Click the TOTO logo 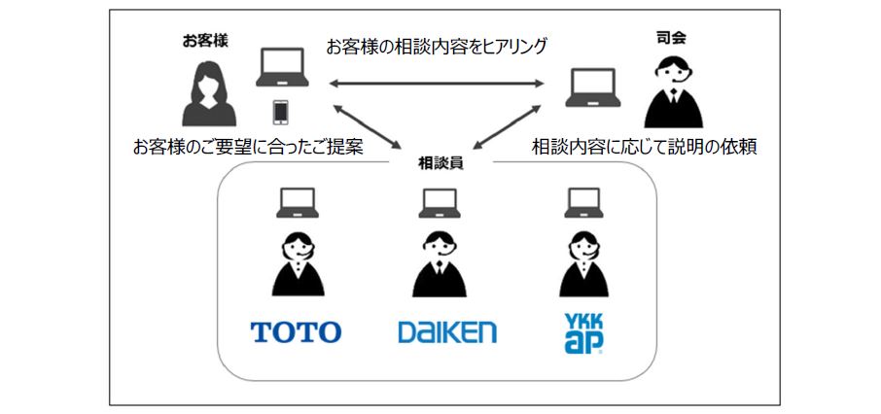click(x=296, y=332)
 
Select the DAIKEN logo click(x=446, y=332)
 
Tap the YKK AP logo click(x=583, y=331)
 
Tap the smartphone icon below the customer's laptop click(x=281, y=113)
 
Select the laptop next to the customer click(x=282, y=70)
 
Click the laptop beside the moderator click(x=596, y=88)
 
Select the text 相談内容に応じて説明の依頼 click(x=645, y=147)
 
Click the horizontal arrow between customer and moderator click(x=437, y=86)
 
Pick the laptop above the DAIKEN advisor click(x=440, y=202)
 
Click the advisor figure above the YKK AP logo click(x=583, y=264)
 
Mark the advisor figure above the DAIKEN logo click(x=440, y=264)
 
